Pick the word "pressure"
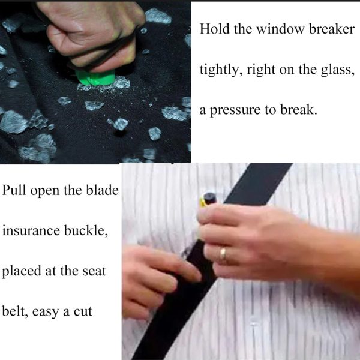tap(235, 110)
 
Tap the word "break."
tap(298, 110)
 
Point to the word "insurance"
tap(31, 230)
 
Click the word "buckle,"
tap(86, 231)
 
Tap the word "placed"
tap(22, 272)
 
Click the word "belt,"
tap(15, 312)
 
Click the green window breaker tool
tap(95, 77)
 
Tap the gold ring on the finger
tap(223, 253)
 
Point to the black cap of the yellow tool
tap(209, 199)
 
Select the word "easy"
tap(45, 312)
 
